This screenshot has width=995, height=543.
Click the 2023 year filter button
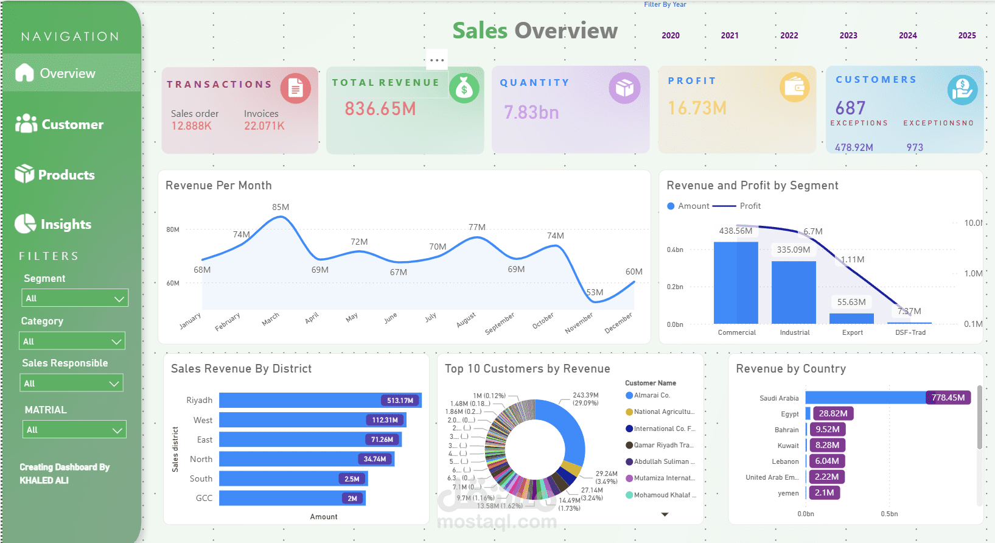click(848, 35)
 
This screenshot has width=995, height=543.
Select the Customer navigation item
click(60, 124)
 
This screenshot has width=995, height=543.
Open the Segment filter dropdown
click(75, 298)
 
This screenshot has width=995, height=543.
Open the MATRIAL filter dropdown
click(75, 430)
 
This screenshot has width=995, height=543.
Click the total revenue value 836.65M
click(380, 109)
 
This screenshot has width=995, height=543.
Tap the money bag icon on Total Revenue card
click(464, 89)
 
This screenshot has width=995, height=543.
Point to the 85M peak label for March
click(281, 207)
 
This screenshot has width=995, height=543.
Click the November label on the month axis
click(579, 323)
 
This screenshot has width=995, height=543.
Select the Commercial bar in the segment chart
click(736, 282)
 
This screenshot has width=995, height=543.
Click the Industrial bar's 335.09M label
click(793, 250)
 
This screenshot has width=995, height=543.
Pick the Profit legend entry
click(750, 206)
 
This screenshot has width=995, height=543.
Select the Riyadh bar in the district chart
click(320, 401)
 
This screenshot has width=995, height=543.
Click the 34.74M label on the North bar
click(375, 459)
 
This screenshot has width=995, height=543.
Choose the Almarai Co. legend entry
click(651, 396)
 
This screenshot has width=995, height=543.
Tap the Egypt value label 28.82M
click(833, 413)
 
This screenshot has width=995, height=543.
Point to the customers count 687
click(850, 108)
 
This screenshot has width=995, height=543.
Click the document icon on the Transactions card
click(296, 89)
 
